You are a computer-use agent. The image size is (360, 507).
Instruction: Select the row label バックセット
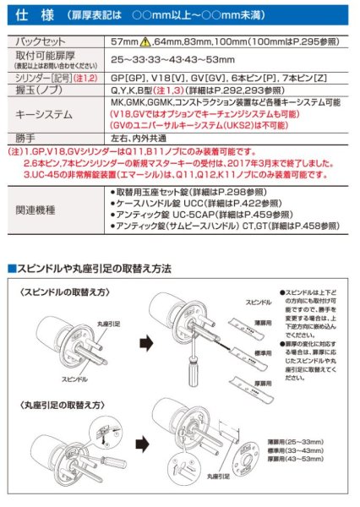tap(43, 40)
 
